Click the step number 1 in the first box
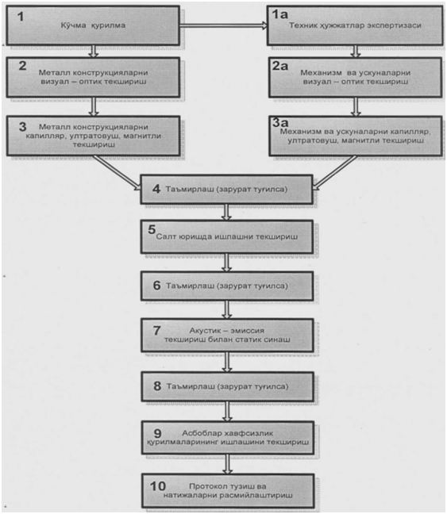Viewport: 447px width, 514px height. (21, 17)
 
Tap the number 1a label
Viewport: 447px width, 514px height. (279, 14)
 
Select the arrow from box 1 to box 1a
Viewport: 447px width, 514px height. (223, 25)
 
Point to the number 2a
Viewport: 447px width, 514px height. (280, 66)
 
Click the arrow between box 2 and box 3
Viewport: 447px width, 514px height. (94, 106)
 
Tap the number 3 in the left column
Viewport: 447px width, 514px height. (22, 127)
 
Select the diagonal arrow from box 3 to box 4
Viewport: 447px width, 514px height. (118, 173)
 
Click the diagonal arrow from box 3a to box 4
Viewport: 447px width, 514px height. (334, 173)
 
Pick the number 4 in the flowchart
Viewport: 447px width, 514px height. (156, 189)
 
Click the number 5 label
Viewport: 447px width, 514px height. (152, 229)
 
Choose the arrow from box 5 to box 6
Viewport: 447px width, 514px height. (226, 263)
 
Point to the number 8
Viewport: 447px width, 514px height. (157, 385)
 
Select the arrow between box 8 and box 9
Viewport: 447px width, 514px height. (227, 412)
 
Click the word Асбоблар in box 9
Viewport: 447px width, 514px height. (201, 433)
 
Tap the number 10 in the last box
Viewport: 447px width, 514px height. (158, 486)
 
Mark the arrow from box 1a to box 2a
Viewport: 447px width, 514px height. (356, 52)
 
